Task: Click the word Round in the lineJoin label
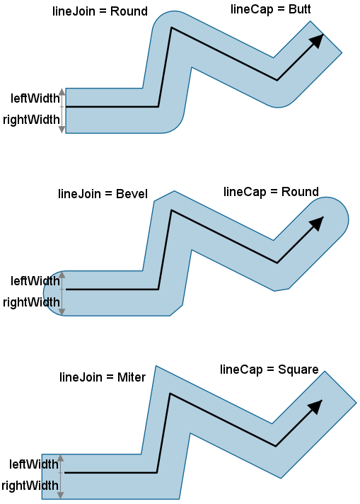pos(129,11)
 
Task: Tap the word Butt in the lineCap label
pos(299,9)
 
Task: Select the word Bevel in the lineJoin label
pos(132,194)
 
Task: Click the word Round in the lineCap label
pos(300,192)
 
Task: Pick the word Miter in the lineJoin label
pos(132,377)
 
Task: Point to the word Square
pos(298,370)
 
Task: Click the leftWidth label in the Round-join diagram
pos(35,98)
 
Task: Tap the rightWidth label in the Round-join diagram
pos(31,120)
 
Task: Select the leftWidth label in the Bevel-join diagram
pos(35,281)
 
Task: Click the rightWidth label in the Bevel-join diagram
pos(31,302)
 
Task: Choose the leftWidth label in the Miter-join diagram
pos(34,464)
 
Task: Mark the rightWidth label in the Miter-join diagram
pos(30,486)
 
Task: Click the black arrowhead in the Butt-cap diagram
pos(316,41)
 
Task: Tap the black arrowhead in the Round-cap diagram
pos(316,224)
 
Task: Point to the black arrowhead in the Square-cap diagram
pos(315,407)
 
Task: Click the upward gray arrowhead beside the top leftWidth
pos(62,91)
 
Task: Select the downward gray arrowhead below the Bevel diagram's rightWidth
pos(62,312)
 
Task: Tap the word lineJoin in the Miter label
pos(81,377)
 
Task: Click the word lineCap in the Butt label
pos(252,9)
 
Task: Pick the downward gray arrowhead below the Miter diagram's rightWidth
pos(61,496)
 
